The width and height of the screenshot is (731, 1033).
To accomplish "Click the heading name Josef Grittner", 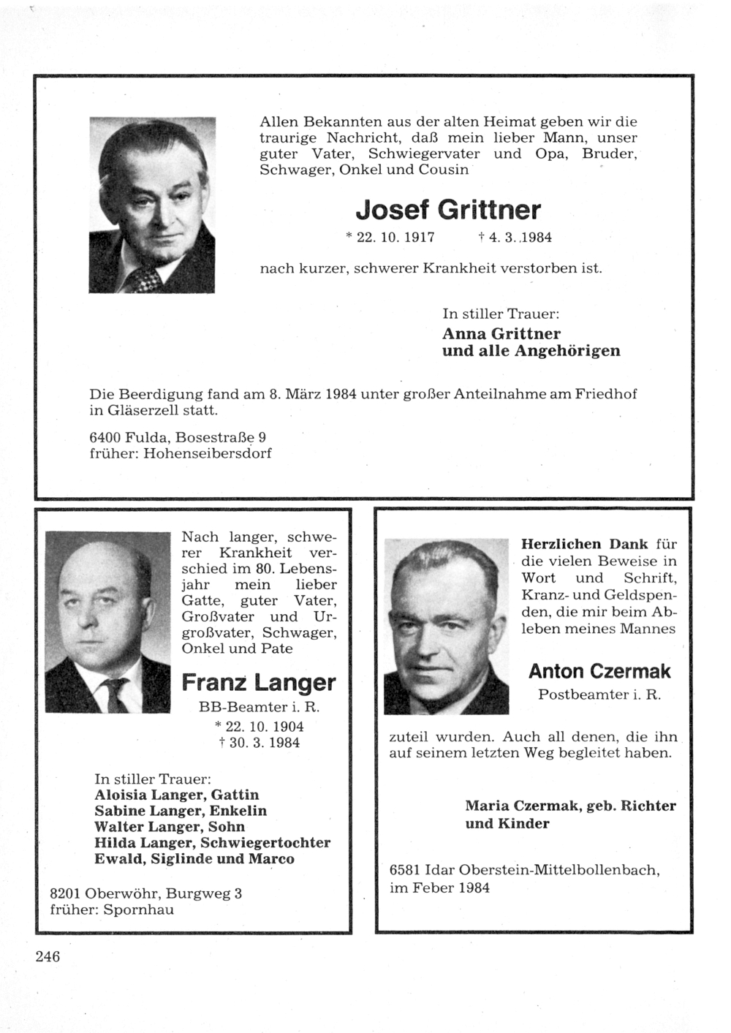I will (x=448, y=211).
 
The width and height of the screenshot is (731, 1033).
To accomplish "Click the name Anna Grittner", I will (x=501, y=333).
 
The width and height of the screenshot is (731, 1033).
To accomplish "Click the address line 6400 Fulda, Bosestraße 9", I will (x=177, y=436).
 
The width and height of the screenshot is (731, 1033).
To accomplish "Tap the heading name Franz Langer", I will (x=258, y=683).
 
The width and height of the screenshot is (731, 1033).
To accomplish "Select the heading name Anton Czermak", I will (x=599, y=670).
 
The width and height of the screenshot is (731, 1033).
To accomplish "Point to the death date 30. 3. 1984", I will (x=259, y=743).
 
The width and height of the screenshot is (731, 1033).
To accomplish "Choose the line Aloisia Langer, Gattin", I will (x=176, y=795).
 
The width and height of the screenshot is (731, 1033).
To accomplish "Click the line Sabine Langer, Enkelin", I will (x=181, y=811).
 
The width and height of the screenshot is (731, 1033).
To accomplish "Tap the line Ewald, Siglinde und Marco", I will (x=194, y=858).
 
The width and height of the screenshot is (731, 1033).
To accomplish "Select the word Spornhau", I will (x=138, y=909).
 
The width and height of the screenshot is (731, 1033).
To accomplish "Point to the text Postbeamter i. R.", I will (x=599, y=695).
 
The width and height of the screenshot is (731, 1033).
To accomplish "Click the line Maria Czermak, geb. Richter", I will (x=570, y=806).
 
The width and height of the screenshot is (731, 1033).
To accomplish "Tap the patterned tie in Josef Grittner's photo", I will (x=144, y=278).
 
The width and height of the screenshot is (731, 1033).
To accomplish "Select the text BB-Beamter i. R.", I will (x=260, y=707).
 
